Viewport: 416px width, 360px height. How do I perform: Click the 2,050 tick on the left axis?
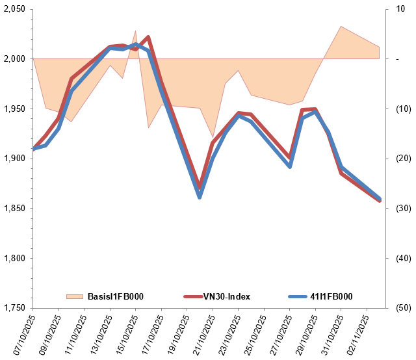(x=14, y=9)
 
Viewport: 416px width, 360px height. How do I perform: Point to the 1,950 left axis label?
(x=14, y=109)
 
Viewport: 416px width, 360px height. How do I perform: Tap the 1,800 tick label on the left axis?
(x=14, y=258)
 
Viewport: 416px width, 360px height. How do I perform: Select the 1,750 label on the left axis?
(x=14, y=308)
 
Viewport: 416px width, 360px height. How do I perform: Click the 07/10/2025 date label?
(x=19, y=335)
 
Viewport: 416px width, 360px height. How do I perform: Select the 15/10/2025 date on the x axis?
(x=122, y=335)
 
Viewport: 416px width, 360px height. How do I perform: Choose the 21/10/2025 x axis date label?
(x=199, y=335)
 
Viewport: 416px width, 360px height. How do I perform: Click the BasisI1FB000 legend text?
(x=115, y=297)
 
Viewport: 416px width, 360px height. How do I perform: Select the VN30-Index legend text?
(x=226, y=297)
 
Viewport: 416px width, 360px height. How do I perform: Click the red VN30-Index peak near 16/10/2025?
(x=148, y=37)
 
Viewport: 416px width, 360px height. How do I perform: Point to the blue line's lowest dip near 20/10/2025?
(x=200, y=196)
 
